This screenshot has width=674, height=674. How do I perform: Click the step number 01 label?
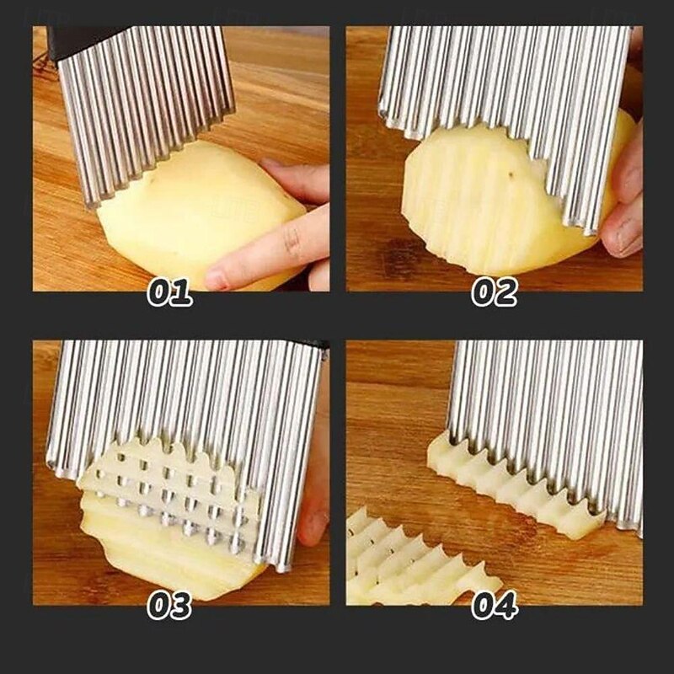point(169,292)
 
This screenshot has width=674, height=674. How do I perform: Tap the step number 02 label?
point(494,292)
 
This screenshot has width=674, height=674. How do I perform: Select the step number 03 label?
point(169,606)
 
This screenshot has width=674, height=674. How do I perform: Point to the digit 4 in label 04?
point(505,606)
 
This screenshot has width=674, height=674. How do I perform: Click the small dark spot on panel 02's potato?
point(511,175)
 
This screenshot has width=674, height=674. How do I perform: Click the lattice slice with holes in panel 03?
point(168,497)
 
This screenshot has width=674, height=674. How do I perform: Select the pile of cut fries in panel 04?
point(404,560)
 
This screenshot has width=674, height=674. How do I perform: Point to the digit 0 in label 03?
point(158,606)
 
